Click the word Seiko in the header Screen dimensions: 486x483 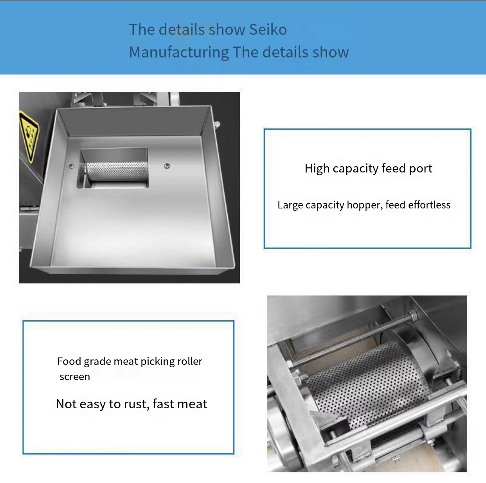coord(268,29)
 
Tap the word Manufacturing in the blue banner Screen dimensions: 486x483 coord(179,52)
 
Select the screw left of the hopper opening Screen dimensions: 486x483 coord(72,166)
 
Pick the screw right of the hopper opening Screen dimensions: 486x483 coord(167,166)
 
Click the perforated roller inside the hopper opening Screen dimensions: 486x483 coord(117,171)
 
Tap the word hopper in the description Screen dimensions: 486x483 coord(363,205)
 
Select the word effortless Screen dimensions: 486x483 coord(429,205)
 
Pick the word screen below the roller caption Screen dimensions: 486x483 coord(75,377)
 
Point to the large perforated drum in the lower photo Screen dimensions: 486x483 coord(367,383)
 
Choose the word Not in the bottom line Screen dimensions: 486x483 coord(67,404)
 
